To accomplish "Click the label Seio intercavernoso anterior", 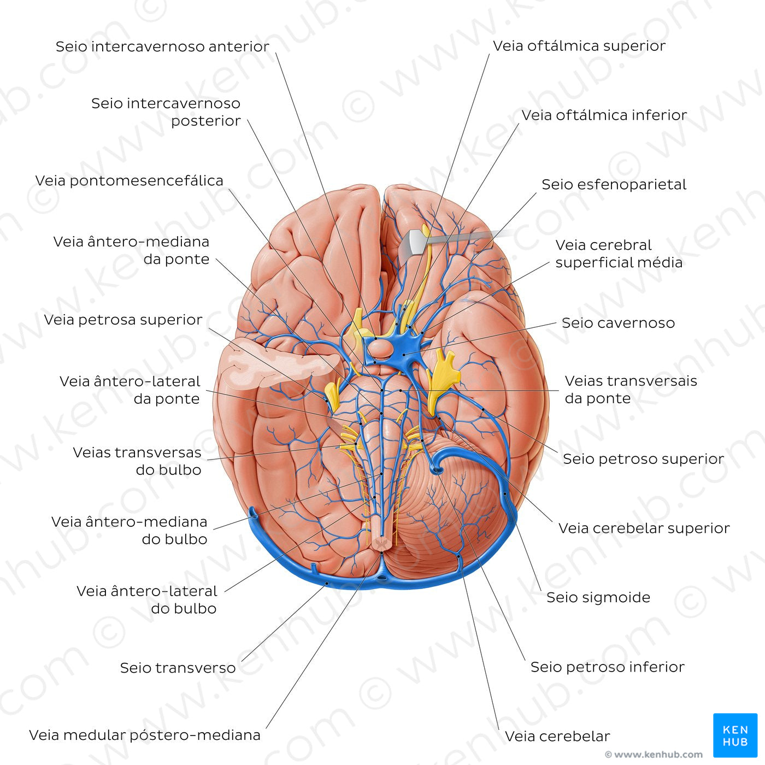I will click(x=162, y=46).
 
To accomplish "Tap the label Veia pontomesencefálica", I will click(x=130, y=181).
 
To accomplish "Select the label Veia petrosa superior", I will click(x=123, y=320).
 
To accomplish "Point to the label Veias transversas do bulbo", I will click(x=138, y=461).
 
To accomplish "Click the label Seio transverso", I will click(x=178, y=668).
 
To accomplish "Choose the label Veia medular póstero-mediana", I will click(x=145, y=735).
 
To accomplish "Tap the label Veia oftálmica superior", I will click(x=579, y=46).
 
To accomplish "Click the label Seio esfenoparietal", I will click(x=614, y=185).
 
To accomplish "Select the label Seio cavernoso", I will click(x=618, y=323).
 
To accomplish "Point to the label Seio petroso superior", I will click(x=643, y=459).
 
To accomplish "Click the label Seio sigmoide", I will click(x=598, y=597).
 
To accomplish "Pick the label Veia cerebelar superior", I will click(x=644, y=528).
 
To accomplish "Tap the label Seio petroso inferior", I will click(x=607, y=667).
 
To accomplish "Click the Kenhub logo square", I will click(x=735, y=735).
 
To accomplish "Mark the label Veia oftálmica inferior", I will click(x=604, y=115).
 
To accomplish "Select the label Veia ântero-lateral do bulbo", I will click(x=147, y=599).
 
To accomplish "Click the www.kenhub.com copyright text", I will click(x=654, y=755).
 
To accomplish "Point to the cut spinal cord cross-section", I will click(x=381, y=543).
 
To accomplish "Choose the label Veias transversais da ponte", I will click(x=631, y=390).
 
